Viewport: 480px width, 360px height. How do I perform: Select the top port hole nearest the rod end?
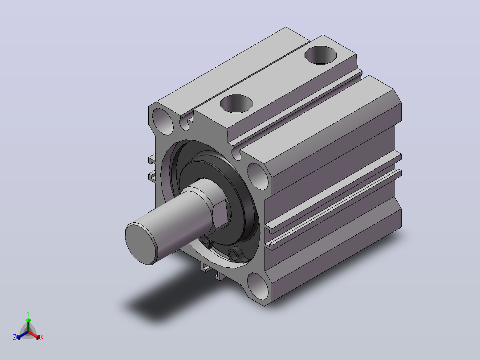point(236,103)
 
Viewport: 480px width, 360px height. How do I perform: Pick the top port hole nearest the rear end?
point(321,55)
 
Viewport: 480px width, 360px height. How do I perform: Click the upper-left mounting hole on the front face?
point(163,121)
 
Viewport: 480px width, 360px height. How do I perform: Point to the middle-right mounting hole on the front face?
point(258,176)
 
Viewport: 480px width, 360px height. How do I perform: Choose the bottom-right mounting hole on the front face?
point(258,286)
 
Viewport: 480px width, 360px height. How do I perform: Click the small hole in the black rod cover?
point(234,255)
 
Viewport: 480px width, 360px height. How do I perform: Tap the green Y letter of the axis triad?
point(28,314)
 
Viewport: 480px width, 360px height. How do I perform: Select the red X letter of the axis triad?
point(42,337)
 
